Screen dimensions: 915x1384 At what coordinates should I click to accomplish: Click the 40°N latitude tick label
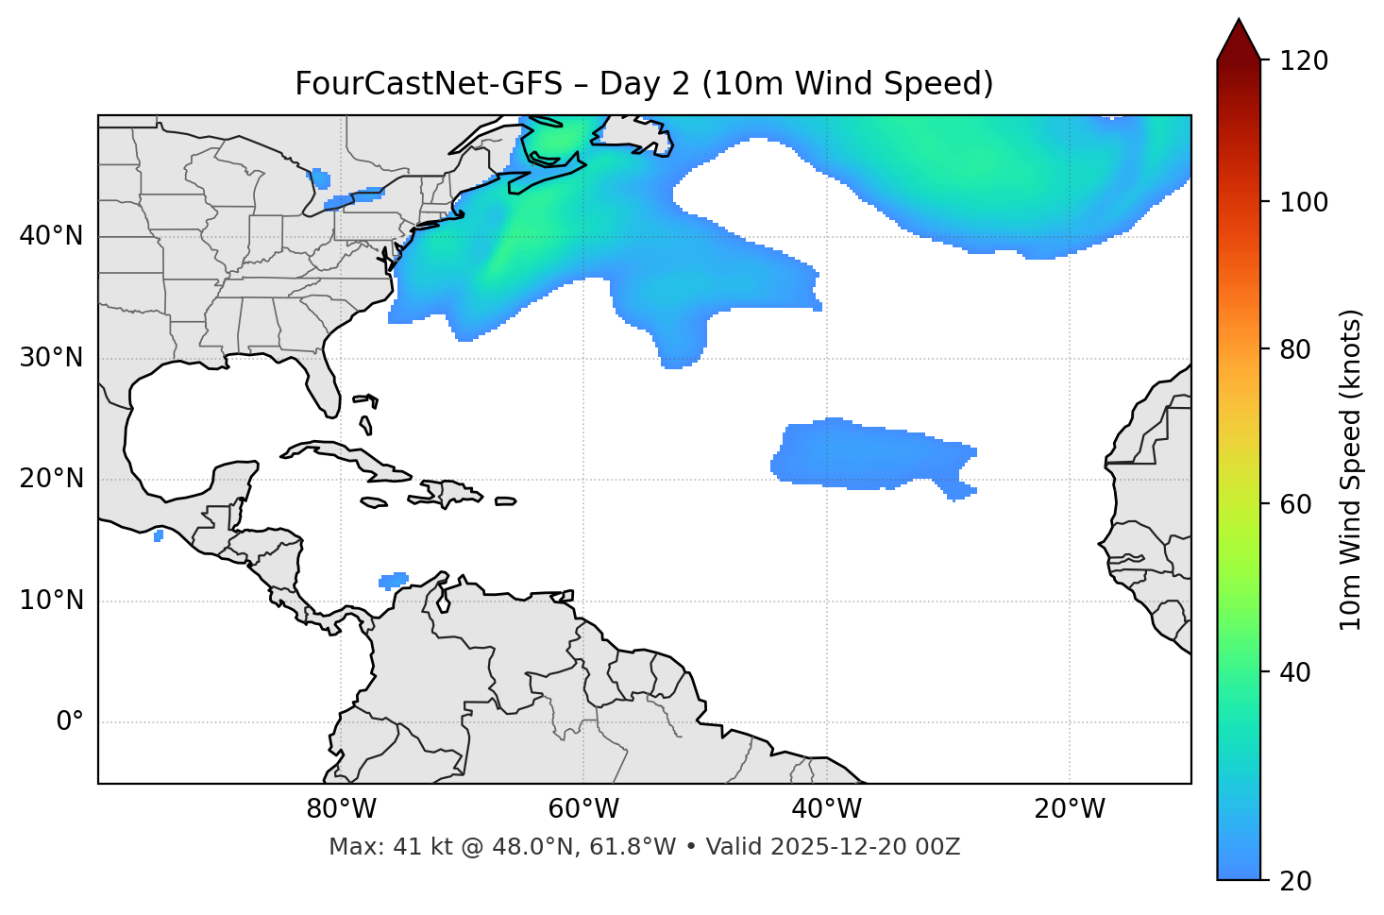51,236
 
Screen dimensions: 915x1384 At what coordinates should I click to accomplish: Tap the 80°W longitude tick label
341,809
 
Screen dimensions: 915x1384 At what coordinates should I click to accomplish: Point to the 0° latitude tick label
70,722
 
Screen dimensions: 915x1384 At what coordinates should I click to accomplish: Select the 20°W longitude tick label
1070,809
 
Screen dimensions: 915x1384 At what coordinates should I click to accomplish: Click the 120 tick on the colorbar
1305,61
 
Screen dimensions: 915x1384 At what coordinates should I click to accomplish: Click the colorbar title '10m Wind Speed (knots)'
1351,469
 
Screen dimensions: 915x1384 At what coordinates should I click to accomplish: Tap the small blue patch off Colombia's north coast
393,580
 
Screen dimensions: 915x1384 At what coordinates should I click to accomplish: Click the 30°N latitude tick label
51,358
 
